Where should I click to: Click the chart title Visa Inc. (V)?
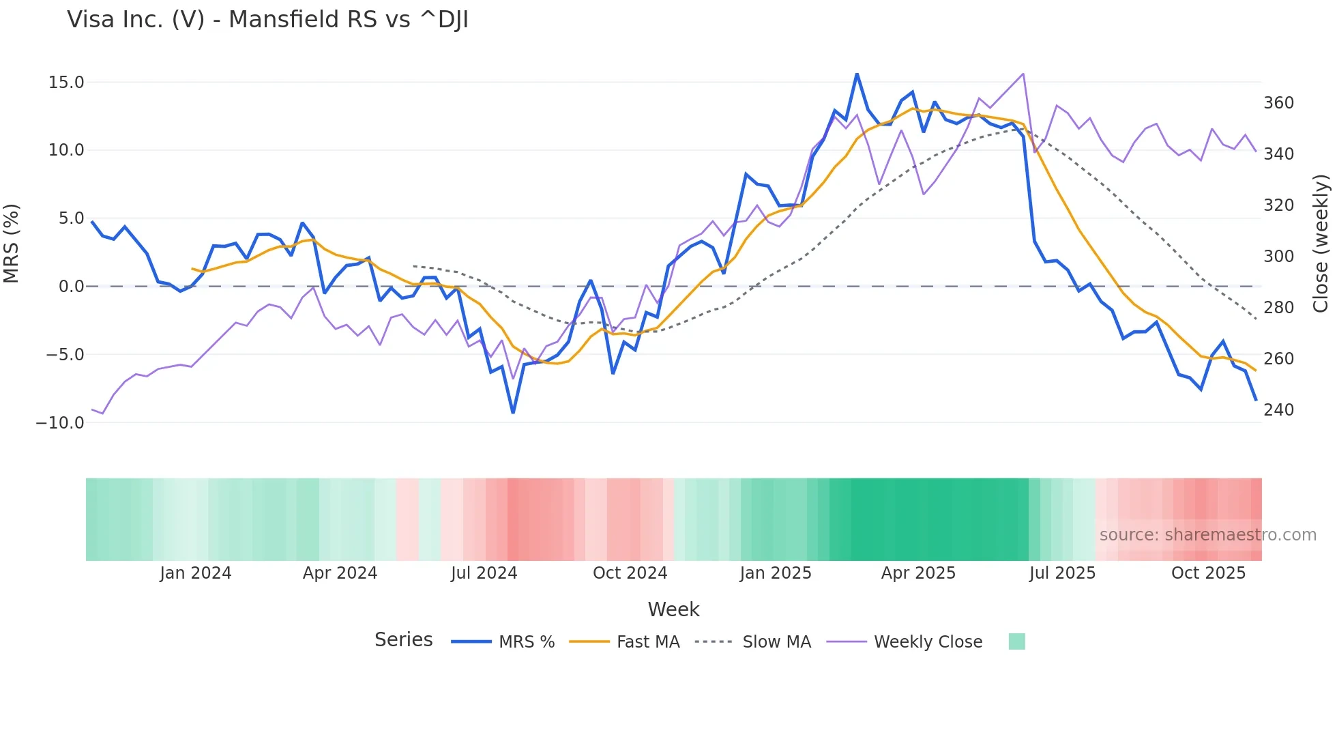(x=267, y=20)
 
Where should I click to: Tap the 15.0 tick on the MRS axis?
(x=66, y=83)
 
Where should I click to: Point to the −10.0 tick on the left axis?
(x=60, y=422)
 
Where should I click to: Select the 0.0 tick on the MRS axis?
(x=71, y=287)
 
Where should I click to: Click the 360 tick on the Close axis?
(x=1278, y=103)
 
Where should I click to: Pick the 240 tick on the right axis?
(x=1278, y=409)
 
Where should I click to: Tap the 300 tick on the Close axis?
(x=1278, y=256)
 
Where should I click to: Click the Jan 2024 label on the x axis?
(x=196, y=573)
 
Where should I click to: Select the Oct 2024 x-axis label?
(x=630, y=573)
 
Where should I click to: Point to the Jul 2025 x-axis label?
(x=1062, y=573)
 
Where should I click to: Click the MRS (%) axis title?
(x=12, y=243)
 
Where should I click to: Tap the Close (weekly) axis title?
(x=1321, y=243)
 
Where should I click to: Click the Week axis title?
(x=673, y=609)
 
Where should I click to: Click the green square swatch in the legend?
(x=1016, y=641)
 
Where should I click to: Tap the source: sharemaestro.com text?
(x=1207, y=535)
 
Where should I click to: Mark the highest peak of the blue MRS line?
(x=857, y=74)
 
